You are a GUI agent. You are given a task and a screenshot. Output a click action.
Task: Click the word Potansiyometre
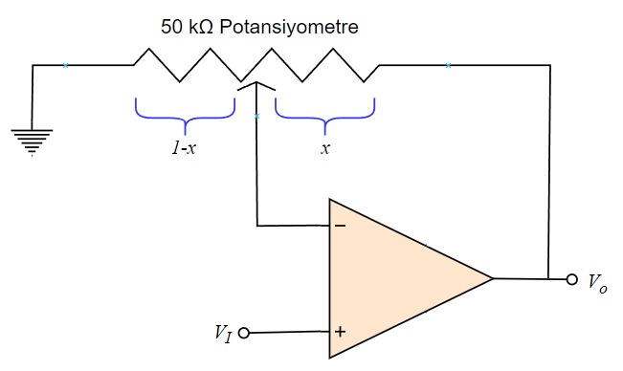[x=289, y=27]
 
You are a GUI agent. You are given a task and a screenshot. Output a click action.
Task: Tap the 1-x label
[x=184, y=148]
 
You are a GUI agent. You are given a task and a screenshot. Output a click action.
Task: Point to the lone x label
[x=325, y=148]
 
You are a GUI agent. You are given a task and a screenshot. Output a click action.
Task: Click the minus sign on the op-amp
[x=339, y=228]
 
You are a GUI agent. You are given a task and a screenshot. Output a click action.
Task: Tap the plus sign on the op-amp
[x=339, y=332]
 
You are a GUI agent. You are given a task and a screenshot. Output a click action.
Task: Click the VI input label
[x=223, y=334]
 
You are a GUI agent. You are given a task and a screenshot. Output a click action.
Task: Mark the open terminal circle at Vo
[x=572, y=279]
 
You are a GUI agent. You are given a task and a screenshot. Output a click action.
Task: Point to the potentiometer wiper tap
[x=256, y=86]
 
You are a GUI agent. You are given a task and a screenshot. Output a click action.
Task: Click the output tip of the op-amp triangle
[x=492, y=278]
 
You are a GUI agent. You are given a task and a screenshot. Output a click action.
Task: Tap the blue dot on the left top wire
[x=65, y=65]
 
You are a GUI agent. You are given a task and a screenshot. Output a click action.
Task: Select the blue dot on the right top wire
[x=448, y=65]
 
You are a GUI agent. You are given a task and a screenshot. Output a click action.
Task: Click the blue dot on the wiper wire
[x=256, y=117]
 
